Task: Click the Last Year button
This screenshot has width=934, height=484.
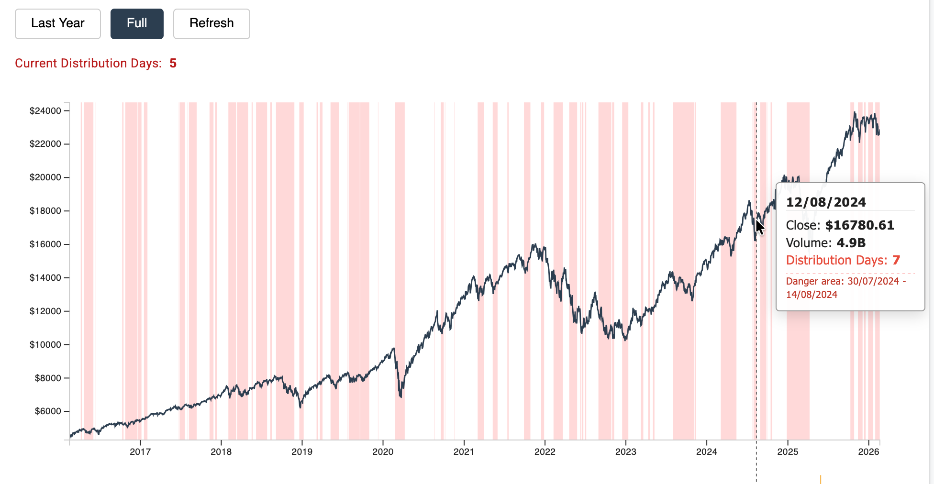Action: (x=57, y=23)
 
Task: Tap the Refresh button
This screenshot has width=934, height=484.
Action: (x=211, y=23)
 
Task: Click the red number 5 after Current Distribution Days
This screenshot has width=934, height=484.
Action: (x=173, y=64)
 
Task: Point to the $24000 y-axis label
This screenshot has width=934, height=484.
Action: (x=45, y=111)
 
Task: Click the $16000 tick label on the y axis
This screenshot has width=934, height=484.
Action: (x=45, y=244)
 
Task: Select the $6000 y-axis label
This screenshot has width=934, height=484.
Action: (x=48, y=411)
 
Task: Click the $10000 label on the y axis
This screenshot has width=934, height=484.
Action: (x=45, y=345)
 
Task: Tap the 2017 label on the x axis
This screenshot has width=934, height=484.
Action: (x=140, y=452)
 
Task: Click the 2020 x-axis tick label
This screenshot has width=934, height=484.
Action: (x=383, y=452)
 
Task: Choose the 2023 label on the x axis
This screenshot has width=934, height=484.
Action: (x=625, y=452)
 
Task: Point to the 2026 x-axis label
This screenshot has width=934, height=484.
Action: (x=868, y=452)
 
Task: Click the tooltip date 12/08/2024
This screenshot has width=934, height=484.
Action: (x=826, y=202)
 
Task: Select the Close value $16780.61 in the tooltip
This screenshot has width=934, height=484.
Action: (x=859, y=225)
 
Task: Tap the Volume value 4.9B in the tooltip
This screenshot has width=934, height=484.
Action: (x=851, y=243)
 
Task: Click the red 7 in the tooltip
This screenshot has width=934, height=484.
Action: (x=896, y=260)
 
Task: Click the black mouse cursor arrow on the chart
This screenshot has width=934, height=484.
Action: (x=759, y=227)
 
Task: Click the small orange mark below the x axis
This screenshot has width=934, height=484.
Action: (x=821, y=479)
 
